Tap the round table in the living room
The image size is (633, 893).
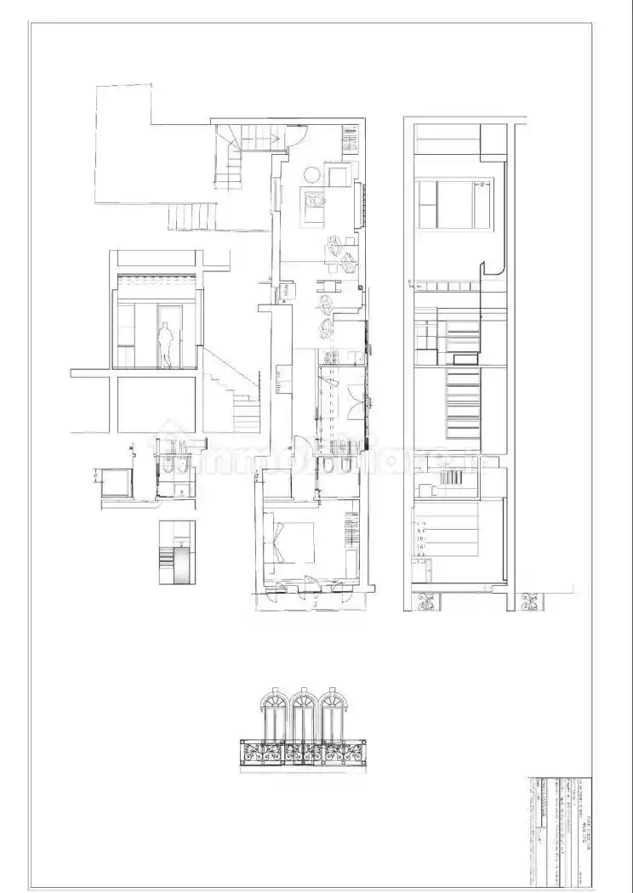click(x=312, y=175)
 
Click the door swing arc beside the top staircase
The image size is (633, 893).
click(x=297, y=136)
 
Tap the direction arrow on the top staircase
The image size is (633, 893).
click(x=230, y=153)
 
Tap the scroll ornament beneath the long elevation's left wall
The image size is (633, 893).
click(x=425, y=602)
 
